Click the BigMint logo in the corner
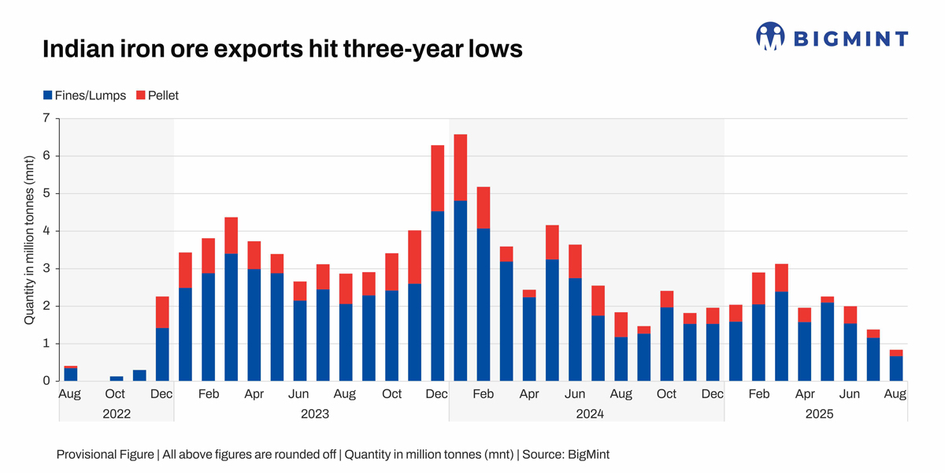click(832, 37)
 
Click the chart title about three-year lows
click(282, 49)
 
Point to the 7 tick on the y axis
click(46, 118)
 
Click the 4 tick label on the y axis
click(46, 231)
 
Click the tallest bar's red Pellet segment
click(461, 167)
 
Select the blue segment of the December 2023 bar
click(438, 296)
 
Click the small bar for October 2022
click(117, 378)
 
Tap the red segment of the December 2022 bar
click(163, 312)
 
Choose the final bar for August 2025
click(895, 368)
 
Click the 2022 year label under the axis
click(117, 413)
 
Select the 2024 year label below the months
click(587, 413)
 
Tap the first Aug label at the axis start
click(71, 393)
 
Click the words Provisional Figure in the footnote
click(106, 454)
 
